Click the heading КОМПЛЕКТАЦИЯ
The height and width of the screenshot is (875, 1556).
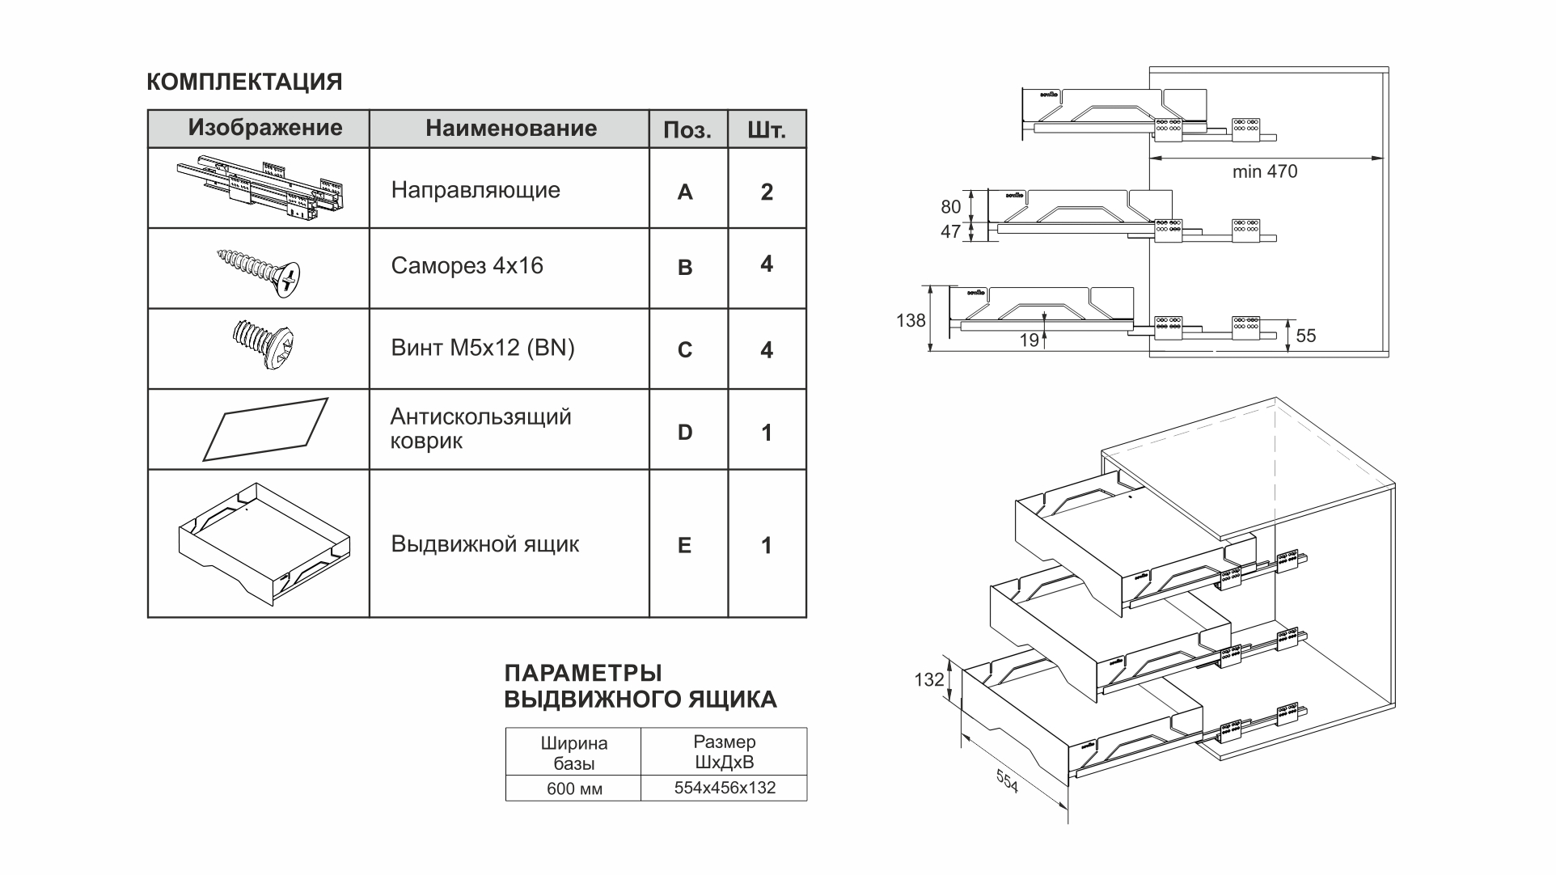pos(244,82)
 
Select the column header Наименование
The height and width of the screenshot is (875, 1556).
pos(511,128)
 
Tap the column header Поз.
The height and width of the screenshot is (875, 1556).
pos(687,130)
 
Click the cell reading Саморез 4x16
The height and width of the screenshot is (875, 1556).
pos(467,266)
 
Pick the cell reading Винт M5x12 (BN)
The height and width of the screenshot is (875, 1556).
pos(483,348)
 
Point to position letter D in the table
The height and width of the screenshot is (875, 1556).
pos(685,433)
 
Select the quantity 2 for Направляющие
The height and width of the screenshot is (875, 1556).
pos(767,192)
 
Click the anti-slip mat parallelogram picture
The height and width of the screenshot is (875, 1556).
pos(265,429)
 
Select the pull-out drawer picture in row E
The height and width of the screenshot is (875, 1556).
pos(264,543)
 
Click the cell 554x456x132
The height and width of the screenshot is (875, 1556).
pos(725,788)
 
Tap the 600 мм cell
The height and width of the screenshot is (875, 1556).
pos(574,788)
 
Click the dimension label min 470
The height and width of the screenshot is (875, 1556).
pos(1265,171)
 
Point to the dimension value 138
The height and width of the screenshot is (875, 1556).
pos(911,320)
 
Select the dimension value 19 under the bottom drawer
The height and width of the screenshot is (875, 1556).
pos(1029,340)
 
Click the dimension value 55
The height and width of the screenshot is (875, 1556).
pos(1306,336)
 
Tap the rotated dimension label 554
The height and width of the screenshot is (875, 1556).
pos(1007,780)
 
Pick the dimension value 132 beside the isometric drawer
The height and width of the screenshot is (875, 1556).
pos(929,680)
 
